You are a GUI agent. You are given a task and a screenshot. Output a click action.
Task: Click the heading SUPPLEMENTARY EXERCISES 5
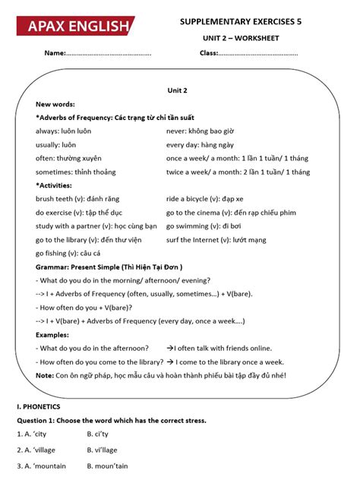coord(241,22)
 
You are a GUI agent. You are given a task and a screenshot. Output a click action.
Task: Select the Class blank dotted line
coord(258,54)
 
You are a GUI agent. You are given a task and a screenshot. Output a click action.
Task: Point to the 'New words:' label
coord(55,104)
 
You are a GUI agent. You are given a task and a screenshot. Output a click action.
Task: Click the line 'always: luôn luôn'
coord(64,131)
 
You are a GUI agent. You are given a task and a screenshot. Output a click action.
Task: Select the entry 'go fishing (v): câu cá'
coord(68,253)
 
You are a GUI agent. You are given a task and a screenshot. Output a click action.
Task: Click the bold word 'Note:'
coord(45,375)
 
